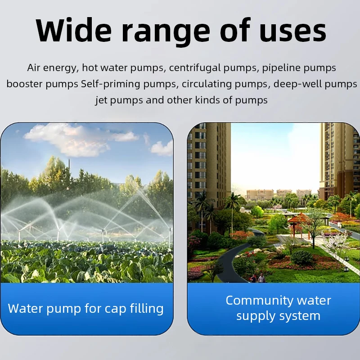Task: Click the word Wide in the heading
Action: point(73,30)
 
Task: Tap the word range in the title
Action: point(166,33)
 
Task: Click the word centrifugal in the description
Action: point(195,68)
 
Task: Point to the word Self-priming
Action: point(110,84)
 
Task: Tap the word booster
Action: point(25,84)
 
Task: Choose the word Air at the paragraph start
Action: point(34,67)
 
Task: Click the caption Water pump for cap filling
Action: point(85,308)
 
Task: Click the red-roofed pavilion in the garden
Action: point(299,223)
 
